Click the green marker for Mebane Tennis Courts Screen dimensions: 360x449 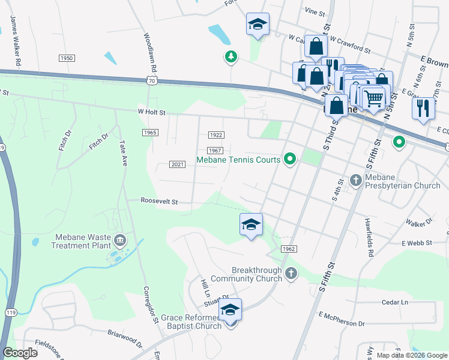[291, 160]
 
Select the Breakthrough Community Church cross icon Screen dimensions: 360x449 [291, 274]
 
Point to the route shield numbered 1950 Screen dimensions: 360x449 [67, 58]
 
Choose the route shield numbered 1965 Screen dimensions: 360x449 [150, 132]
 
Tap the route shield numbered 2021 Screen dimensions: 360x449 [177, 164]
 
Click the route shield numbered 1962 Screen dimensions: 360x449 [288, 248]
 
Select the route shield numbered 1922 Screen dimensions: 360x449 [216, 135]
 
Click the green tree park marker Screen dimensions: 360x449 [231, 57]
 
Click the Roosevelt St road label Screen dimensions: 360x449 [159, 202]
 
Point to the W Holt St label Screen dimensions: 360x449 [151, 112]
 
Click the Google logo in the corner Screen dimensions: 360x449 [20, 352]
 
